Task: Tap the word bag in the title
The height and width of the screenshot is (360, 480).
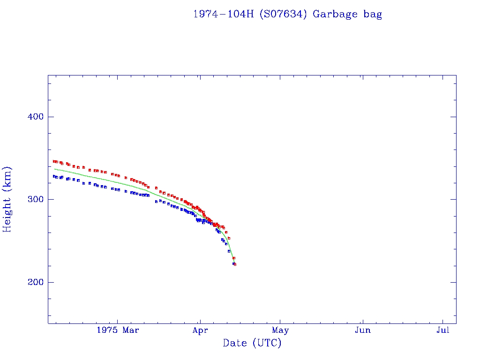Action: coord(373,14)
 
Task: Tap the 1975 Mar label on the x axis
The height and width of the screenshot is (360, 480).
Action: coord(118,330)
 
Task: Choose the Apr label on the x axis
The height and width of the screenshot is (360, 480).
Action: coord(200,330)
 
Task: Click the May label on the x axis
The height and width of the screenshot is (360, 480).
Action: coord(280,330)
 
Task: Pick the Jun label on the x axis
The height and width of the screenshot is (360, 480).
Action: coord(362,330)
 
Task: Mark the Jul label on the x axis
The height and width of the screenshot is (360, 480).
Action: coord(442,330)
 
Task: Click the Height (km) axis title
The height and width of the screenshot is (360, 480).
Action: coord(7,199)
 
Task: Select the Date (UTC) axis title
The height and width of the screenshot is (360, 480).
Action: coord(252,343)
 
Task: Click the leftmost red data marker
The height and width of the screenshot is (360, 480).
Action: coord(54,161)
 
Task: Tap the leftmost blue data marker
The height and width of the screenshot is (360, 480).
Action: coord(54,176)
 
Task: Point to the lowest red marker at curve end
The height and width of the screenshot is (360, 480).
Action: coord(235,264)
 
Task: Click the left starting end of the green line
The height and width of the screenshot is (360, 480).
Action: coord(55,169)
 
